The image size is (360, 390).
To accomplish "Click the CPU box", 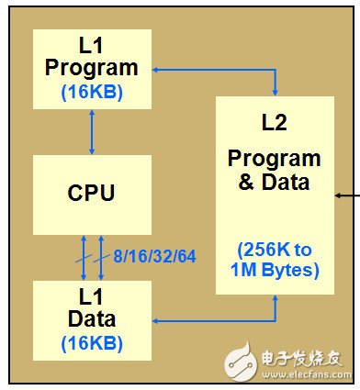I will [x=90, y=193].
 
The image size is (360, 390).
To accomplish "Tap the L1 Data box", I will [x=90, y=318].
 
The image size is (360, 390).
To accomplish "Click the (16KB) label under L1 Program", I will [x=90, y=92].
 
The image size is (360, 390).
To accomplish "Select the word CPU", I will [x=90, y=194].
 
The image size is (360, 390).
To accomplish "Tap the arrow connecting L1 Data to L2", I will [x=220, y=319].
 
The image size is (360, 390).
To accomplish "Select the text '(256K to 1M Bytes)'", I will [x=276, y=261].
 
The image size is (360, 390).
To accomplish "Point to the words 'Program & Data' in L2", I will [x=276, y=170].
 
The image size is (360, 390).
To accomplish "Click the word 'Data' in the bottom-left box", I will [x=90, y=319].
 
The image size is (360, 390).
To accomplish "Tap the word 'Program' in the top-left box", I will [x=90, y=67].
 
